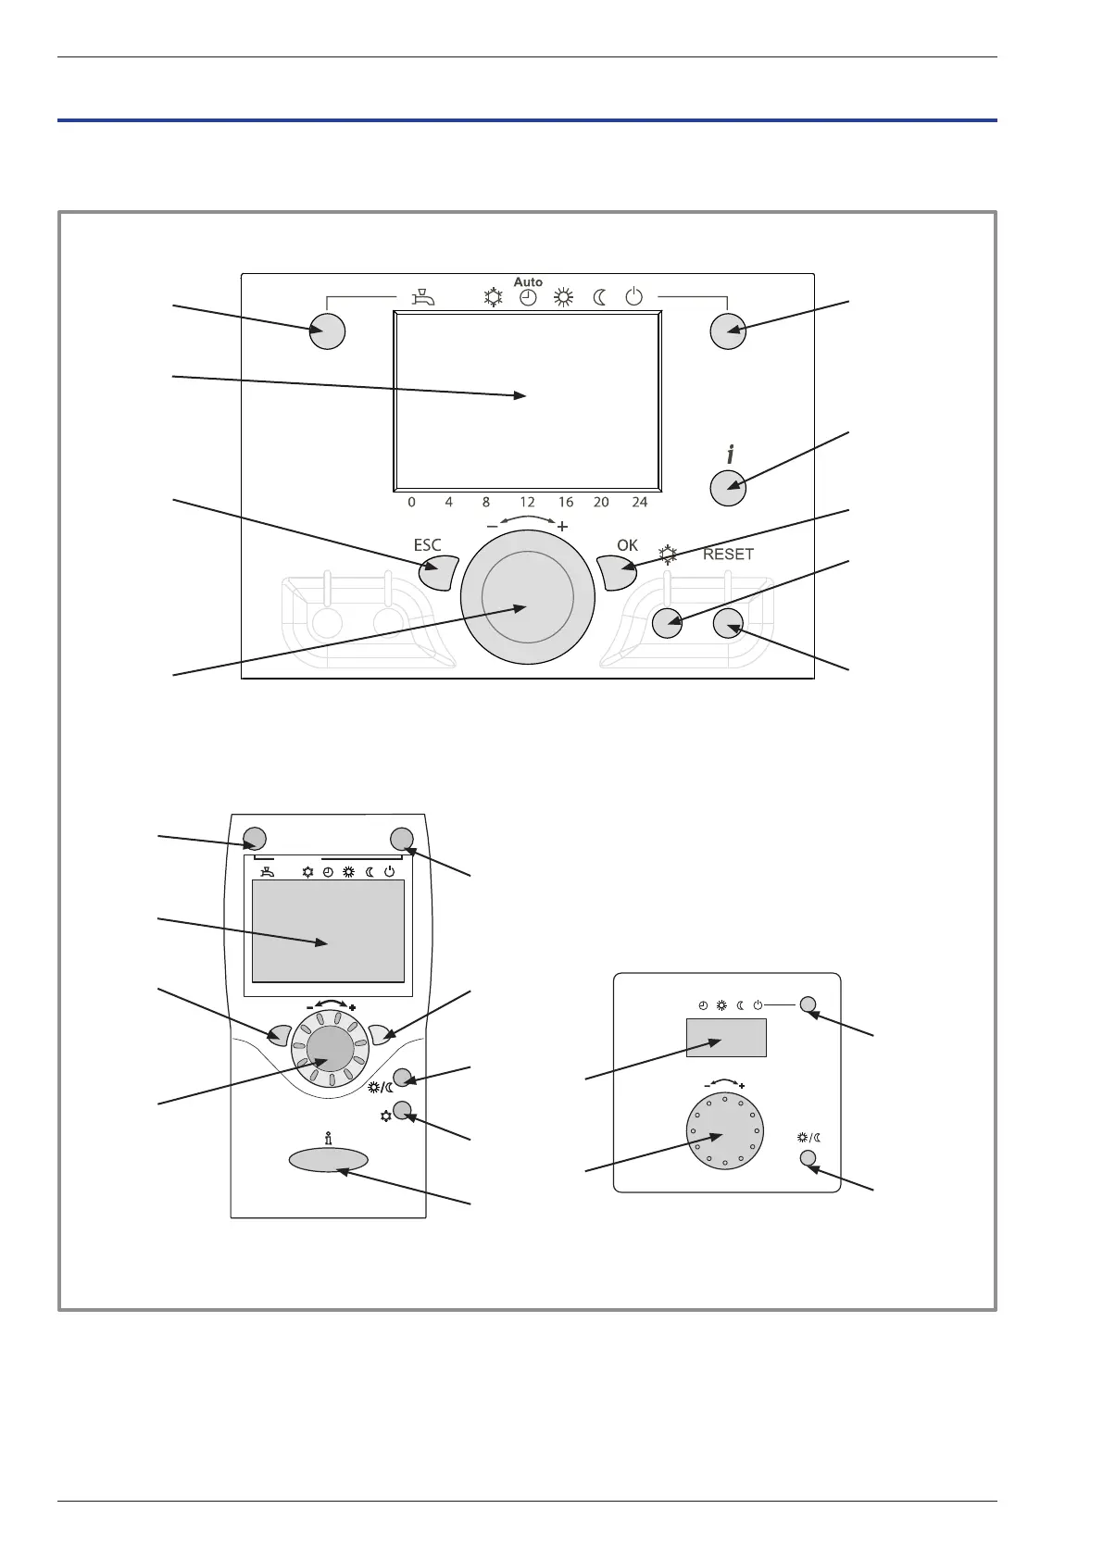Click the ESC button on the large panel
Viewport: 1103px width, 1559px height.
[x=438, y=573]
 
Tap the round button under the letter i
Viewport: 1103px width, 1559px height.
[x=728, y=488]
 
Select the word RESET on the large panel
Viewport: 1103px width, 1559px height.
[x=729, y=555]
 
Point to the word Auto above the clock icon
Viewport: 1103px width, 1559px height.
[x=528, y=281]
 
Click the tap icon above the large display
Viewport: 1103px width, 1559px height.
[x=421, y=297]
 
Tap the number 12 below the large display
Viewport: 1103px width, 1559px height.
[x=527, y=503]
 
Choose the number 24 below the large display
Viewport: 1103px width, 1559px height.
[x=639, y=503]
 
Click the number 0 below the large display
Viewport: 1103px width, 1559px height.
[x=411, y=503]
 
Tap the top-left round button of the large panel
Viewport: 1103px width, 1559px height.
[x=326, y=331]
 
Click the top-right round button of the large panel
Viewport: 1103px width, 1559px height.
[x=728, y=331]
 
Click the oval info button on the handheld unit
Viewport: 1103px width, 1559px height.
[x=328, y=1159]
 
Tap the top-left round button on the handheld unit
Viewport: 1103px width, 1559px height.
[x=255, y=839]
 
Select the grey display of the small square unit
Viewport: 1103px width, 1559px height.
[x=725, y=1037]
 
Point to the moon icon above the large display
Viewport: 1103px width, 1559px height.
[x=599, y=298]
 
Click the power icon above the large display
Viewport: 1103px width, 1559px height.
[x=633, y=297]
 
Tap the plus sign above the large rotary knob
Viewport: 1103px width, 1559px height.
[x=562, y=526]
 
